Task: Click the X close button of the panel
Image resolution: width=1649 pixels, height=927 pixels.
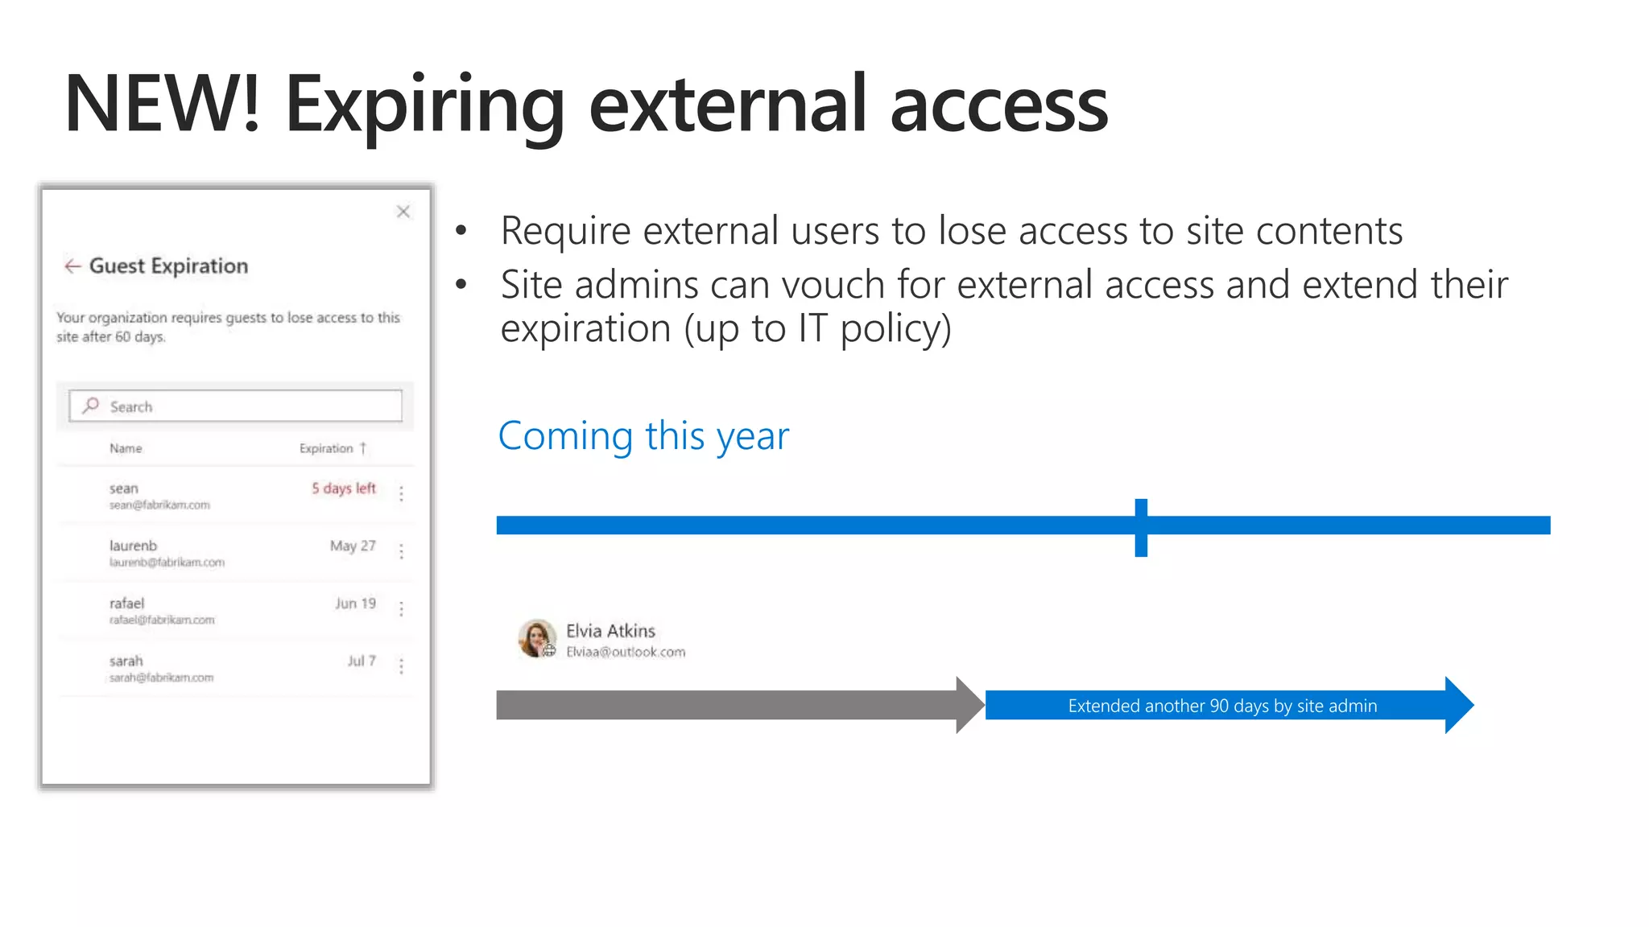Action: point(403,212)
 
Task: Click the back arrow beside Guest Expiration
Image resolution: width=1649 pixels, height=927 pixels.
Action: point(72,266)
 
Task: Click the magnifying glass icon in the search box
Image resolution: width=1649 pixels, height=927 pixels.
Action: point(91,406)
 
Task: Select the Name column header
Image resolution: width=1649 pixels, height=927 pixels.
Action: point(126,448)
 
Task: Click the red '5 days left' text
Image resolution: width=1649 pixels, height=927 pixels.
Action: point(344,488)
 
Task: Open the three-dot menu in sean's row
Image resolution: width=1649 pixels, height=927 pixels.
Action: point(401,493)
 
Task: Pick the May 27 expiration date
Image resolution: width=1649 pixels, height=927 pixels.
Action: point(353,546)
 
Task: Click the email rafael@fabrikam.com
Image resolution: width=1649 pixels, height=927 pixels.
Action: point(162,620)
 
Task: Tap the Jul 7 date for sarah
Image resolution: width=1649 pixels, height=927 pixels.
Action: point(362,661)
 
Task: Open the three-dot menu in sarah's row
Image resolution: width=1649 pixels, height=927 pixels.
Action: point(401,665)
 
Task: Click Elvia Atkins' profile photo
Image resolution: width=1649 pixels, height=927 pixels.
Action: point(537,638)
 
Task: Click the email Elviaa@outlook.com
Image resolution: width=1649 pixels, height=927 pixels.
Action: point(626,652)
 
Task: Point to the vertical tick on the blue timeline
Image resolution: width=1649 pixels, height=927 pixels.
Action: point(1141,528)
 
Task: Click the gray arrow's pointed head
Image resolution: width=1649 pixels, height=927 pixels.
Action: point(970,705)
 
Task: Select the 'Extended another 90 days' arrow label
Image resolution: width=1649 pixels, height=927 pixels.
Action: point(1222,706)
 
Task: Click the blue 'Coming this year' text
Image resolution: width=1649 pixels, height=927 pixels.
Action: point(643,436)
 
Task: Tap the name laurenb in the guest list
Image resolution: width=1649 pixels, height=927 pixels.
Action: point(134,546)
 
